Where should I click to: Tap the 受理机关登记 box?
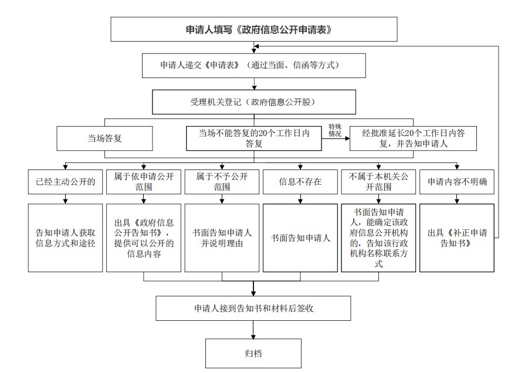254,101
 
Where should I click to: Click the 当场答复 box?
104,139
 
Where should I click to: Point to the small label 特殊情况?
335,130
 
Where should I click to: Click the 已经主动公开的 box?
64,182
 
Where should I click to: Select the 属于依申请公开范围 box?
143,182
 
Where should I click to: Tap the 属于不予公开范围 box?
221,182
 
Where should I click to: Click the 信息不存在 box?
300,182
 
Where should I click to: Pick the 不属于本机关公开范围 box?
378,182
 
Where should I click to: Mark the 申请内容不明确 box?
457,182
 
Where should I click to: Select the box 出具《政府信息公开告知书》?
143,238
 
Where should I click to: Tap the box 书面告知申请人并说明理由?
221,238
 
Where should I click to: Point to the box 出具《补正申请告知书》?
457,238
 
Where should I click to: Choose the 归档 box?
254,354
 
